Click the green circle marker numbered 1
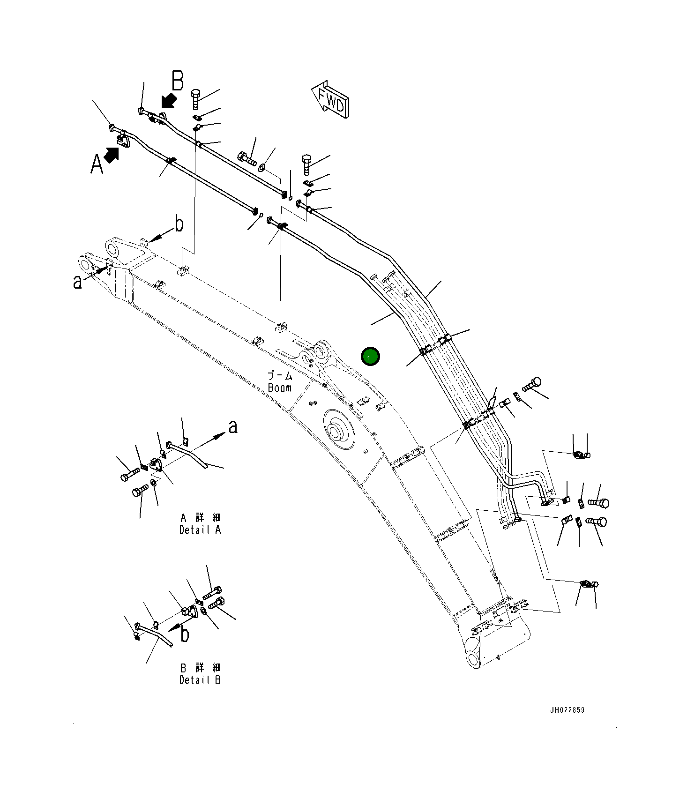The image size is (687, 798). (370, 357)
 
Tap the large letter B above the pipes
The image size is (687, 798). (178, 81)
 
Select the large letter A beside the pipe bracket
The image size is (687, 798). (97, 164)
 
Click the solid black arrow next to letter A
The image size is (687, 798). (111, 155)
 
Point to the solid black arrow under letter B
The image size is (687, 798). (168, 100)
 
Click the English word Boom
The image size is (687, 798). (280, 388)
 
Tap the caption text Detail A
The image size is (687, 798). (200, 530)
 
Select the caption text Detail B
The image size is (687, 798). (200, 679)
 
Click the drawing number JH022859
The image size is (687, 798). (567, 710)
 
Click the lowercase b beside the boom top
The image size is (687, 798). (179, 224)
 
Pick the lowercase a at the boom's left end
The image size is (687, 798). (77, 282)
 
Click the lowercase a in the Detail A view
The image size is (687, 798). (233, 427)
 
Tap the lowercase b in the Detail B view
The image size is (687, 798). (185, 635)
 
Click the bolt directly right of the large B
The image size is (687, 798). (196, 99)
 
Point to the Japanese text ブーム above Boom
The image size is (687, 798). (280, 375)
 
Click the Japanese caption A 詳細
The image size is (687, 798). (200, 518)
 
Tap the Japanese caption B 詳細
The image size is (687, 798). (200, 668)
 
